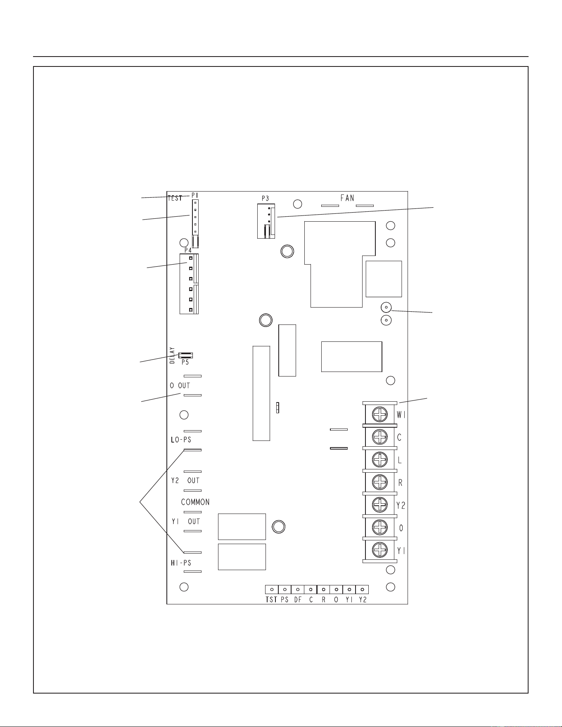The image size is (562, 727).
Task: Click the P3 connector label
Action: [x=265, y=199]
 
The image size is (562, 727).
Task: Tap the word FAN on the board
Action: [x=347, y=198]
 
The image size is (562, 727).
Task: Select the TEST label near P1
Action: [x=175, y=198]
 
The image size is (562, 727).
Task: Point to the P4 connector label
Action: [x=188, y=250]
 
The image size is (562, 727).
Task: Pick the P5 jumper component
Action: [x=185, y=355]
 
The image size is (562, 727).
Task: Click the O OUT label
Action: [x=180, y=386]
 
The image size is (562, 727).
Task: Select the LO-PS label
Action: [x=181, y=440]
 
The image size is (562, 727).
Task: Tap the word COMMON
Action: [x=195, y=502]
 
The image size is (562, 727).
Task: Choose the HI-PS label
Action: [x=181, y=563]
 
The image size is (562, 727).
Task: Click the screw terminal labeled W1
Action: [x=380, y=414]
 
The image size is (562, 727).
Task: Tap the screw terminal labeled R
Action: [x=380, y=482]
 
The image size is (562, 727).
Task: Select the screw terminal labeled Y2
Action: [x=380, y=504]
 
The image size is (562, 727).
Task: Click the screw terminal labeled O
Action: [x=380, y=527]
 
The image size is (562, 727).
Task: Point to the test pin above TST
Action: [x=272, y=590]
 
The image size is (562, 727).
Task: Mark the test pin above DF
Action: [x=298, y=590]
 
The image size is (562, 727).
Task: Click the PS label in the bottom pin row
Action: [x=285, y=600]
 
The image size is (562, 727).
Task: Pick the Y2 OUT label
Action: [x=185, y=481]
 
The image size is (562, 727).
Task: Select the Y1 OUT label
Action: [x=185, y=521]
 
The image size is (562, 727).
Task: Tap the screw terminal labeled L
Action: [x=380, y=459]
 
